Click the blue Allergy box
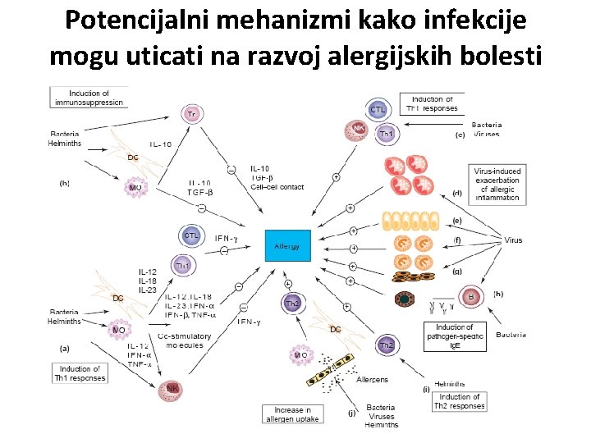click(287, 246)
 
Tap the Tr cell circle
click(191, 113)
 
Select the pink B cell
click(471, 296)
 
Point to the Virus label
click(513, 240)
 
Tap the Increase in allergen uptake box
click(291, 414)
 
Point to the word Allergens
click(373, 380)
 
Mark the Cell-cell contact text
click(277, 187)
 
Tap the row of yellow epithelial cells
click(410, 221)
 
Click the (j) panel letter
click(351, 413)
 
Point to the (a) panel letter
click(65, 349)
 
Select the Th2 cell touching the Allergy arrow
click(292, 304)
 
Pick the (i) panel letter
click(426, 388)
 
